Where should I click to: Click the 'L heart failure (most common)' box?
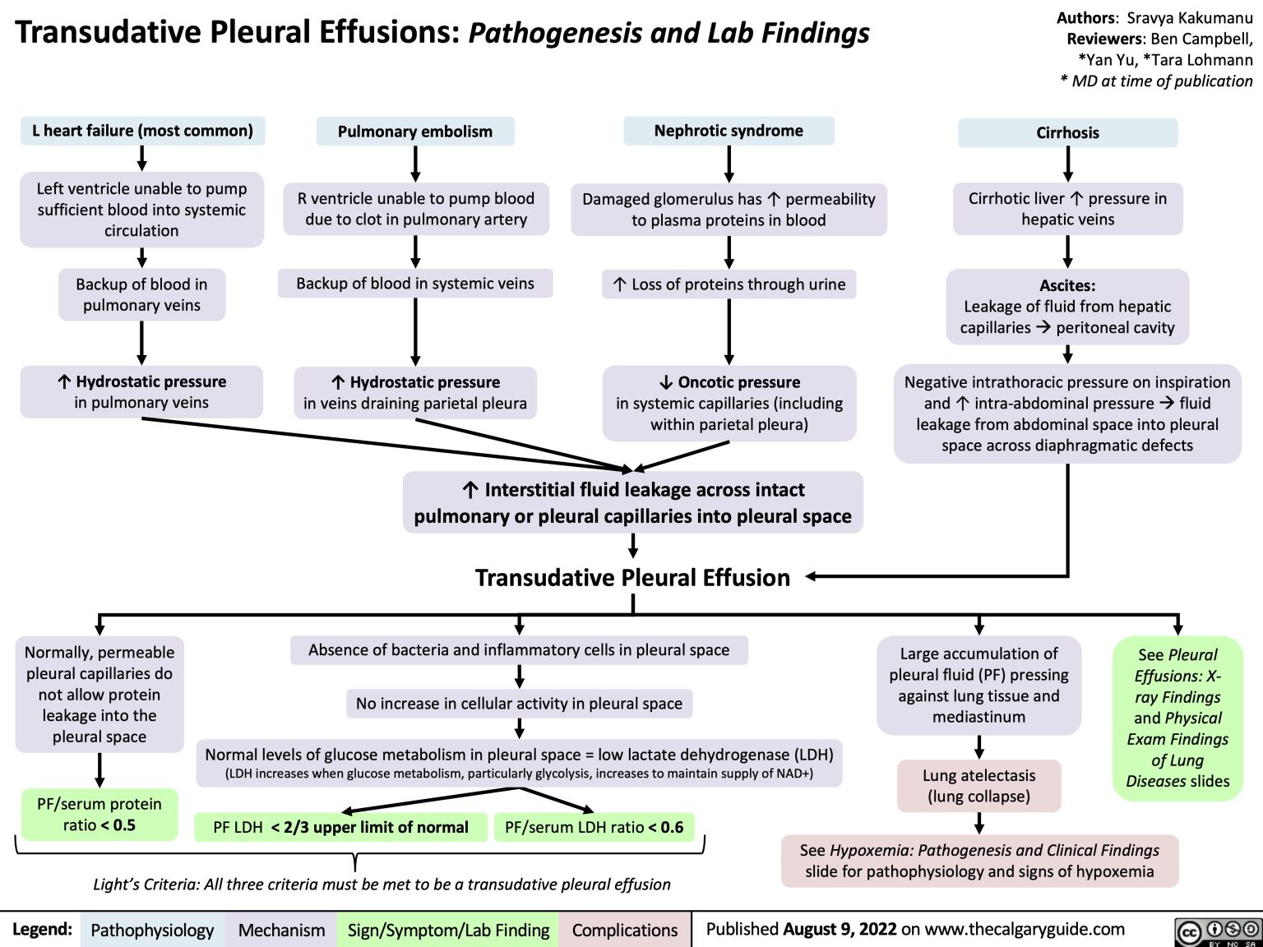tap(142, 131)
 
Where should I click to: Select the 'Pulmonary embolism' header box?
tap(415, 132)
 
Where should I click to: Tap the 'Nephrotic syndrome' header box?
tap(729, 131)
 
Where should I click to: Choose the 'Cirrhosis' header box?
tap(1067, 133)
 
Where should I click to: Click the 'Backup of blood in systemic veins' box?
tap(415, 284)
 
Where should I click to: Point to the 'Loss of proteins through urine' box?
tap(729, 284)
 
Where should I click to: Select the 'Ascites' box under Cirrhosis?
tap(1067, 307)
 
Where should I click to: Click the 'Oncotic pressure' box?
tap(729, 404)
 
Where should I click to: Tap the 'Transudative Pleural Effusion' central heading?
tap(632, 578)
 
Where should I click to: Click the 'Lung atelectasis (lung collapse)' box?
tap(978, 786)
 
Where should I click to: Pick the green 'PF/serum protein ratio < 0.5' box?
tap(99, 815)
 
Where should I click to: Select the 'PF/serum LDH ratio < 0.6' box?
tap(594, 828)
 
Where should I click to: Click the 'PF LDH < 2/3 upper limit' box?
tap(340, 828)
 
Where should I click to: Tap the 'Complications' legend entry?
tap(625, 931)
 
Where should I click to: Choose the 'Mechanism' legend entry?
tap(281, 931)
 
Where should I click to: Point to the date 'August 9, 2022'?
tap(840, 930)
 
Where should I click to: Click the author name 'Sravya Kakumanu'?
tap(1189, 17)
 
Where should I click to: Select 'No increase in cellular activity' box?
tap(519, 704)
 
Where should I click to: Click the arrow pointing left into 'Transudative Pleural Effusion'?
tap(814, 577)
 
